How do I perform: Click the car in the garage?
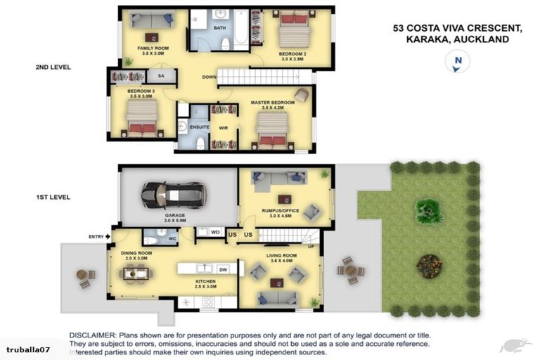point(173,194)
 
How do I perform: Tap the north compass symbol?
point(458,63)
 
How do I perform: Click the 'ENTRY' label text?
point(96,236)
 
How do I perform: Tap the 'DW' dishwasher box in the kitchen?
point(223,269)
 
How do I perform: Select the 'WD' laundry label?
point(215,231)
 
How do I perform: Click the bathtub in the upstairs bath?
point(241,27)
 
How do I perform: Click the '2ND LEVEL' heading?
point(53,67)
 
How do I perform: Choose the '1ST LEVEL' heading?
point(53,198)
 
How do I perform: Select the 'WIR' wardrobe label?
point(224,127)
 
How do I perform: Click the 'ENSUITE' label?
point(200,127)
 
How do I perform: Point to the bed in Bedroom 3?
point(143,117)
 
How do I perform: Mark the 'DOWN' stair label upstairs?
point(209,77)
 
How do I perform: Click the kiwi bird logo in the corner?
point(515,345)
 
